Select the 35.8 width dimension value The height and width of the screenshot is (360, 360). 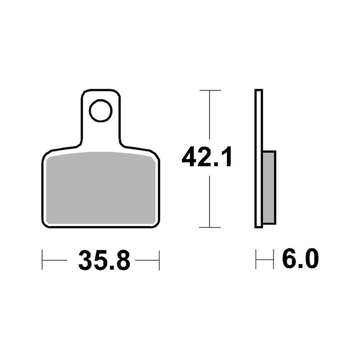(x=104, y=260)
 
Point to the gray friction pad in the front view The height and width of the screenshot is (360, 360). (x=100, y=188)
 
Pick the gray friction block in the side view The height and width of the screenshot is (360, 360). (x=269, y=187)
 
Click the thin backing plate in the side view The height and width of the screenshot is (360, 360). (x=258, y=158)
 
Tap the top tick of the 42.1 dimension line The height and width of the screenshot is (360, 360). (x=210, y=90)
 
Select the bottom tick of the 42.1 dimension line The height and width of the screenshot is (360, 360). (x=210, y=227)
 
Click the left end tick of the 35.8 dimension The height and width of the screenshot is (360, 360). (x=42, y=260)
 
